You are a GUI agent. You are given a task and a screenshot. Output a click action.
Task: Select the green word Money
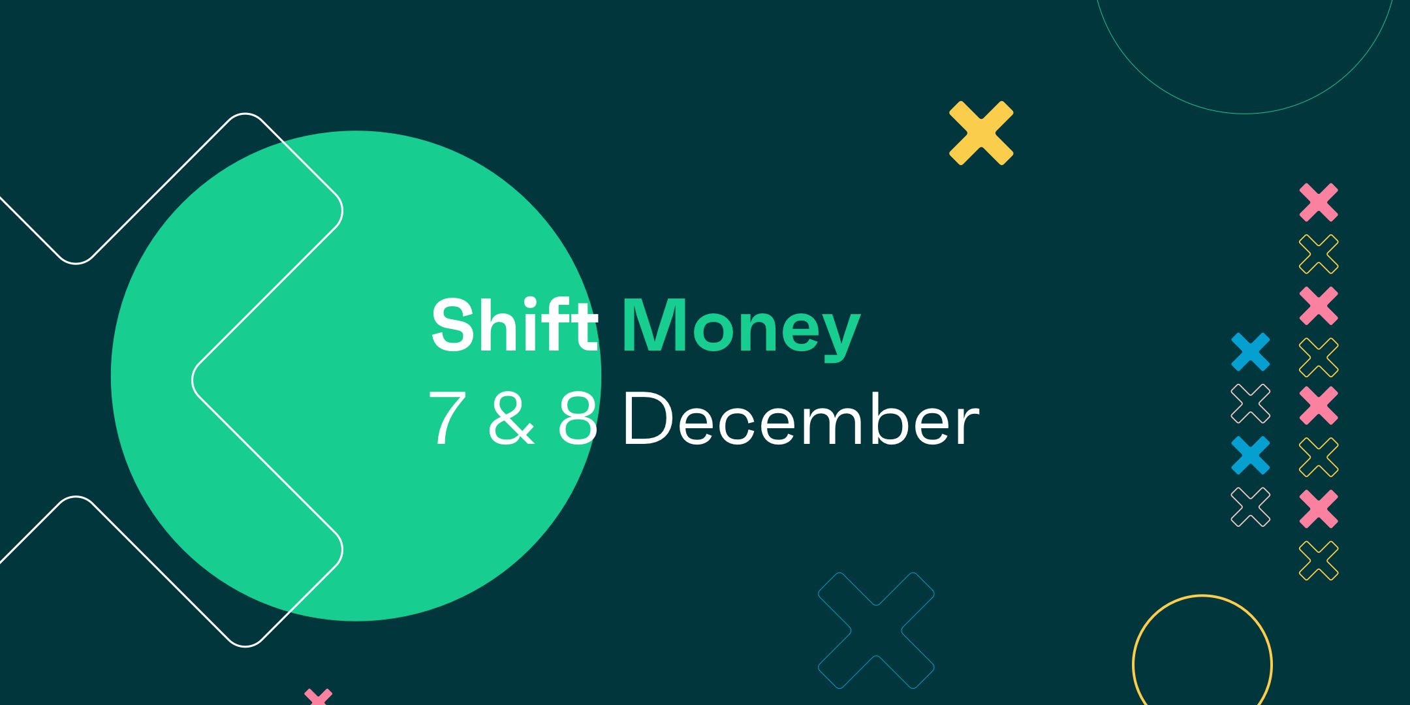pos(741,326)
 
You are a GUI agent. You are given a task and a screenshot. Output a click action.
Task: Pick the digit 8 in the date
pos(578,418)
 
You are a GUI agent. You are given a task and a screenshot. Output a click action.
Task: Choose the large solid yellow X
pos(980,133)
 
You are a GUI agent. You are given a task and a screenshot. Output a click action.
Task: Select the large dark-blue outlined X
pos(876,630)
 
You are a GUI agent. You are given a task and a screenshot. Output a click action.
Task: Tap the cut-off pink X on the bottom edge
pos(319,697)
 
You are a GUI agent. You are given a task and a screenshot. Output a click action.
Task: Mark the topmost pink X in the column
pos(1318,202)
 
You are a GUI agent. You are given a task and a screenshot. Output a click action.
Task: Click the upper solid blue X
pos(1250,352)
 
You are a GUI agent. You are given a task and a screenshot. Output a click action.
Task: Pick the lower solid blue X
pos(1250,455)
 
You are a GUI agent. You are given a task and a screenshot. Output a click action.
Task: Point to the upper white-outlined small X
pos(1250,403)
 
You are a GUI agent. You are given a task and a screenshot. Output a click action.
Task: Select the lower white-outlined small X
pos(1250,507)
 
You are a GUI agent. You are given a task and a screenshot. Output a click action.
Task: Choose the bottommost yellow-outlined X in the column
pos(1318,560)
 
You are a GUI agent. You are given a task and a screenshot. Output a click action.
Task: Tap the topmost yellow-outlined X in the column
pos(1318,254)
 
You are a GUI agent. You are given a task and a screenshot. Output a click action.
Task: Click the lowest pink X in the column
pos(1318,509)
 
